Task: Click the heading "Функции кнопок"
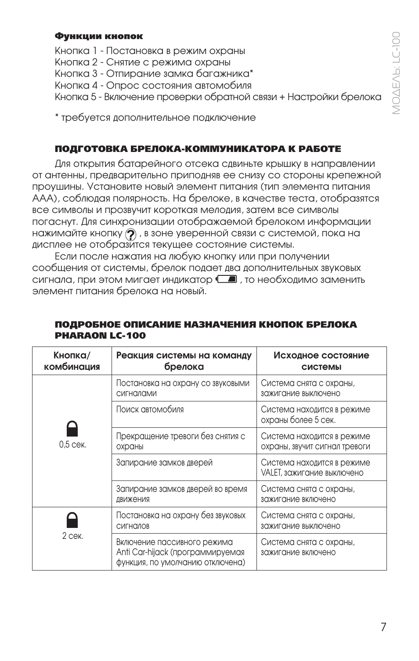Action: point(99,36)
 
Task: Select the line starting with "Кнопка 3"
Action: point(154,73)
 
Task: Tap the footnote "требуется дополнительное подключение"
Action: point(158,118)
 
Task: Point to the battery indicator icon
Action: point(227,279)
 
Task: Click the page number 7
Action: point(383,627)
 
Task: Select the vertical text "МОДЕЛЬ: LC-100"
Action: point(397,73)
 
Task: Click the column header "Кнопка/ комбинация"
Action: point(72,361)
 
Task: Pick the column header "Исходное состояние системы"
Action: point(321,361)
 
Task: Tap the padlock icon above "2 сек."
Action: point(72,520)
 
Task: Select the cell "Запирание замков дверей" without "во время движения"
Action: point(164,462)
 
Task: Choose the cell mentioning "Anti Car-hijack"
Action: point(180,552)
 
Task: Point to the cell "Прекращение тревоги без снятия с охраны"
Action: point(180,441)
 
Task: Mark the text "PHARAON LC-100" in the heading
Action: point(100,336)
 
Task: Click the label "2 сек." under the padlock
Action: point(72,536)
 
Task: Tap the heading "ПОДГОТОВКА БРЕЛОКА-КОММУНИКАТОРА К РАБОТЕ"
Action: point(198,149)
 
